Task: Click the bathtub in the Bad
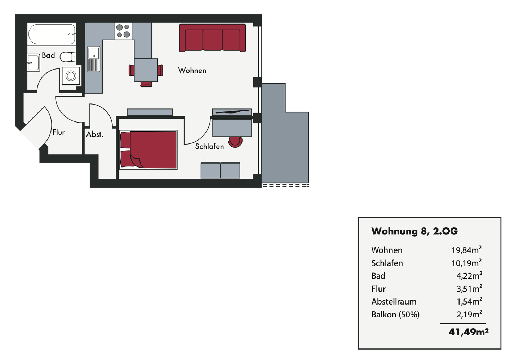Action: coord(52,34)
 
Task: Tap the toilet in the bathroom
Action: coord(67,57)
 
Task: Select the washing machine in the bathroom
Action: coord(71,76)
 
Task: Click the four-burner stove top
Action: coord(123,31)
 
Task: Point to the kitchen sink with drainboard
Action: coord(94,59)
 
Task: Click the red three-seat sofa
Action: coord(213,38)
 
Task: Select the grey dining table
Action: coord(146,70)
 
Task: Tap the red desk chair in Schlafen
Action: coord(235,142)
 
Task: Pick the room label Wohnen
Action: coord(192,71)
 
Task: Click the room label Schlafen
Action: coord(209,147)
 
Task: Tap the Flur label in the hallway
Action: coord(59,133)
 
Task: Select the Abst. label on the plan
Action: coord(94,134)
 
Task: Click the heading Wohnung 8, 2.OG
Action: coord(414,231)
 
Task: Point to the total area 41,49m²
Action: coord(469,332)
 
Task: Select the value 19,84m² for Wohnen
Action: coord(466,250)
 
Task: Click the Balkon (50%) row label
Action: coord(395,315)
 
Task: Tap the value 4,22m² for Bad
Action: coord(469,276)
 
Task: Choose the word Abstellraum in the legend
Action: coord(394,302)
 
